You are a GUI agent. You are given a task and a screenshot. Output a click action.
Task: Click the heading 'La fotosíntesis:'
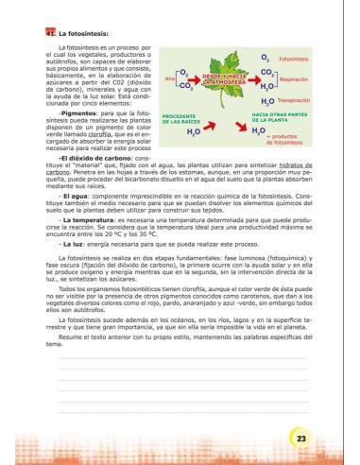coord(77,33)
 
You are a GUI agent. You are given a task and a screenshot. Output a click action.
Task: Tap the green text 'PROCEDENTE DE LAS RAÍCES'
coord(183,119)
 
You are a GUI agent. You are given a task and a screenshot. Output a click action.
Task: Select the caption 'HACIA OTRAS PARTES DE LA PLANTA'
coord(282,119)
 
